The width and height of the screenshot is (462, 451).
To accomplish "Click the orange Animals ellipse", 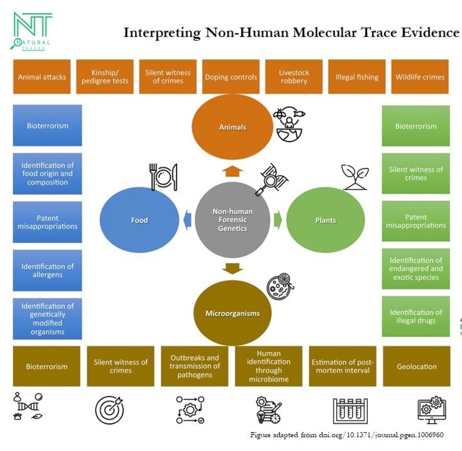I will coord(232,127).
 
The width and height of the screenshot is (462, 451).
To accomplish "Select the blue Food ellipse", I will coord(139,220).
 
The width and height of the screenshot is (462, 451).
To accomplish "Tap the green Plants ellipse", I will coord(325,220).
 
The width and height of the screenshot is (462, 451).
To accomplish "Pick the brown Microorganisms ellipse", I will coord(232,313).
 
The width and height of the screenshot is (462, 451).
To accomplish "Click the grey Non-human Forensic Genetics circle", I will coord(232,220).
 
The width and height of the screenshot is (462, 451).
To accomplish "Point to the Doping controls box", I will coord(231,77).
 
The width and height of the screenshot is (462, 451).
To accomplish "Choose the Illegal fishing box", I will coord(357,77).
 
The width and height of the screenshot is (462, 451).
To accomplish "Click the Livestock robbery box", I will coord(294,77).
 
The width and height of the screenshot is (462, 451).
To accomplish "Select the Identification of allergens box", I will coord(47,270).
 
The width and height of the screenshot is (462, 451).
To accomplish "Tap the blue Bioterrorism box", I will coord(47,125).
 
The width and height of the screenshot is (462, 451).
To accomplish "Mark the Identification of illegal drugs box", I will coord(416,316).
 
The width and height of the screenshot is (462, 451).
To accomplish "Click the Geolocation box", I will coord(416,366).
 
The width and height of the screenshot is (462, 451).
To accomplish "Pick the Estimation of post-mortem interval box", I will coord(342,366).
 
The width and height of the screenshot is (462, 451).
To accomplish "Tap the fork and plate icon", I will coord(163,176).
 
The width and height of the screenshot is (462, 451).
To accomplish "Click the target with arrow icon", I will coord(109,410).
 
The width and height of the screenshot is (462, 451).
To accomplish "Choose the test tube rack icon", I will coord(350,410).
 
